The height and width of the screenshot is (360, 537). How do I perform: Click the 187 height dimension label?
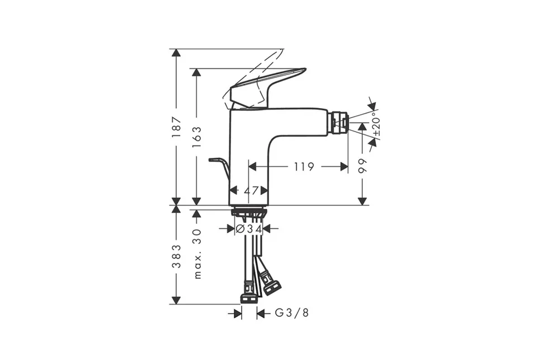[176, 127]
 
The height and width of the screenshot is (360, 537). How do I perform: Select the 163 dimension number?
[196, 137]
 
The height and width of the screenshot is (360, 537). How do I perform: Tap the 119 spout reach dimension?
[304, 167]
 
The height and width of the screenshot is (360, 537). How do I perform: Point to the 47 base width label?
[251, 190]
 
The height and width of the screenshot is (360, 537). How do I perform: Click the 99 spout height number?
[362, 166]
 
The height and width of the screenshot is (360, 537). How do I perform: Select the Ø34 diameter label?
[249, 228]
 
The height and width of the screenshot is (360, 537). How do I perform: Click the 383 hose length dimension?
[176, 256]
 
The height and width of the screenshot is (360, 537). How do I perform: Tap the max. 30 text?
[196, 254]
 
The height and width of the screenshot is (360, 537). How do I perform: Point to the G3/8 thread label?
[292, 312]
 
